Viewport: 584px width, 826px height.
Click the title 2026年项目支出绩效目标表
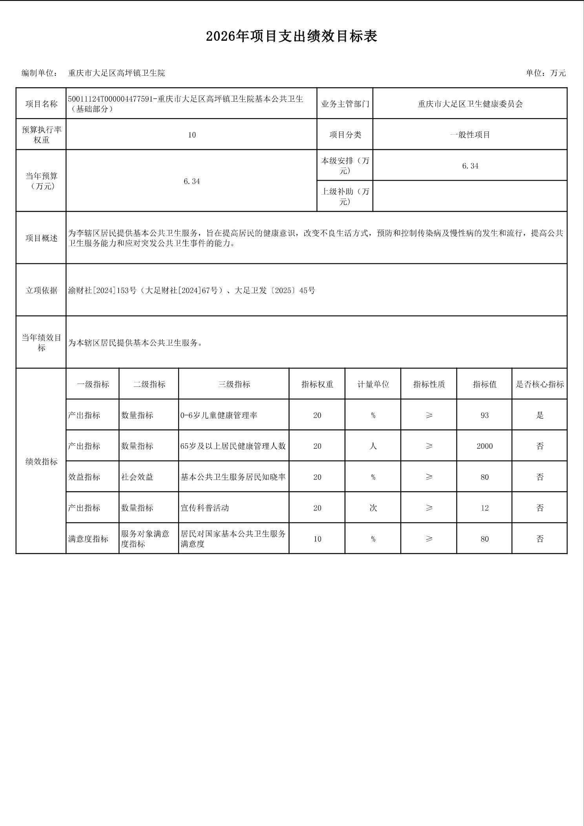pyautogui.click(x=292, y=37)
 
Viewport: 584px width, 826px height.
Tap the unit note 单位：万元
pyautogui.click(x=546, y=73)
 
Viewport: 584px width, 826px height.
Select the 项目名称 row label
pyautogui.click(x=41, y=104)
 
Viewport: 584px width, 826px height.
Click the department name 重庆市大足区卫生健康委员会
pyautogui.click(x=470, y=104)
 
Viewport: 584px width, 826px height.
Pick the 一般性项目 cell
pyautogui.click(x=470, y=135)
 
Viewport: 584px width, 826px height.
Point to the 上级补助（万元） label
pyautogui.click(x=345, y=196)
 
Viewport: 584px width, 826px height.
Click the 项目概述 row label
pyautogui.click(x=41, y=238)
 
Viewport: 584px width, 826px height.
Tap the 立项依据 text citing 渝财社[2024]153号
pyautogui.click(x=192, y=291)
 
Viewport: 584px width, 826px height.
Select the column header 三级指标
pyautogui.click(x=234, y=384)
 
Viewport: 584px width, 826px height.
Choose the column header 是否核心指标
pyautogui.click(x=540, y=384)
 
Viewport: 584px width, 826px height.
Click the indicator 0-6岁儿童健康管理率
pyautogui.click(x=219, y=415)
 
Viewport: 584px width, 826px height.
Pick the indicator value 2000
pyautogui.click(x=484, y=446)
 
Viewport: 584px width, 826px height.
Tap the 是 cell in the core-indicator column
pyautogui.click(x=540, y=415)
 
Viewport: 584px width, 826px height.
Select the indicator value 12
pyautogui.click(x=484, y=508)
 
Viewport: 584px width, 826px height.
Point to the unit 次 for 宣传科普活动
pyautogui.click(x=373, y=508)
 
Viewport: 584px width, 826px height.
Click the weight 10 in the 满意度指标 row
pyautogui.click(x=317, y=539)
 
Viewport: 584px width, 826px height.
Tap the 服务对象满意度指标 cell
pyautogui.click(x=145, y=539)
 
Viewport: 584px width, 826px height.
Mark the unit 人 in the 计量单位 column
pyautogui.click(x=373, y=446)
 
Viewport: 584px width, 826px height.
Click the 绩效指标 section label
pyautogui.click(x=41, y=462)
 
